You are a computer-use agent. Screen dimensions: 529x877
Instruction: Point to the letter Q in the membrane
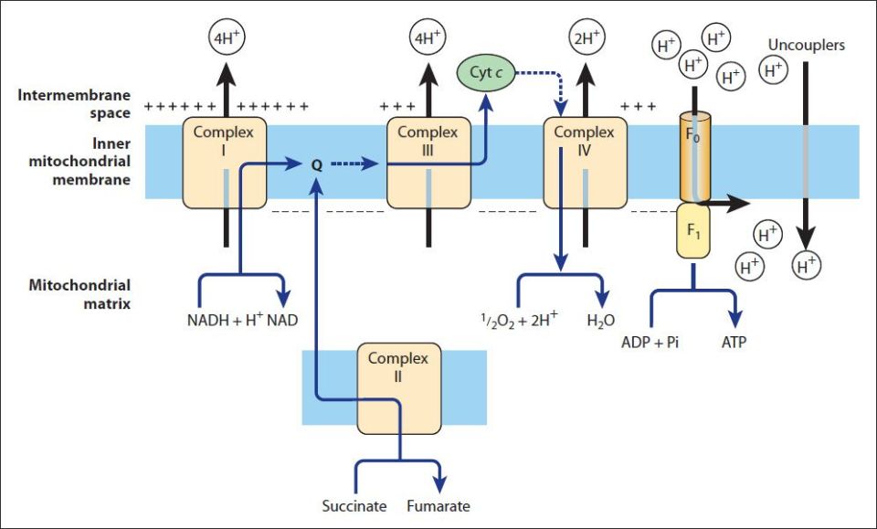point(317,165)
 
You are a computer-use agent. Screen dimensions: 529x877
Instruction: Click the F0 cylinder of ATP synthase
point(693,157)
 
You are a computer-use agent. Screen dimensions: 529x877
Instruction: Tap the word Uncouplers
point(806,45)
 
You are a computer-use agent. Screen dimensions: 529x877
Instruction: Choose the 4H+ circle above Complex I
point(225,39)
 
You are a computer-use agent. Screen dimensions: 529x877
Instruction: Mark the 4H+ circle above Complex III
point(428,39)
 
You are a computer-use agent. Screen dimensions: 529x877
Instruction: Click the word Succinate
point(354,505)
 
